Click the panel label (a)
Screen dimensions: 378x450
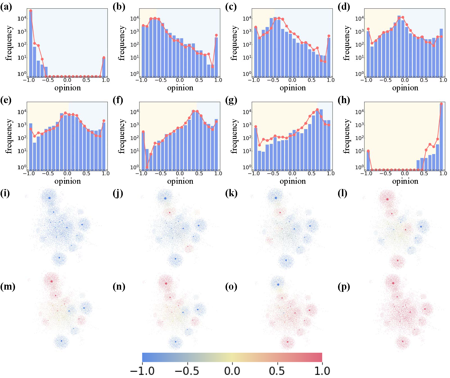(x=6, y=7)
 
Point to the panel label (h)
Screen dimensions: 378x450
(x=344, y=100)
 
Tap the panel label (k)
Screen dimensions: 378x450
(x=231, y=193)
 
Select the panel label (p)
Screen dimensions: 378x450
(x=344, y=286)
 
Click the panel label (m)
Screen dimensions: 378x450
(x=7, y=286)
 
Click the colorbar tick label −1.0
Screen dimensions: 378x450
(x=142, y=371)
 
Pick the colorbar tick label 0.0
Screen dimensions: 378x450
(x=232, y=371)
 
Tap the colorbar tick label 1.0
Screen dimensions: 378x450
(x=322, y=371)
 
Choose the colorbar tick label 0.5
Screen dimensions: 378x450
(x=277, y=371)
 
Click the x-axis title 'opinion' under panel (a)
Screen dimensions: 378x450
(x=67, y=88)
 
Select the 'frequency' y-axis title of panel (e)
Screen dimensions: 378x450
(x=9, y=136)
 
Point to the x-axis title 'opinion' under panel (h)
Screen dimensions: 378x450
(x=405, y=181)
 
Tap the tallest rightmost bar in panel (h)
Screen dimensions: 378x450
(x=441, y=136)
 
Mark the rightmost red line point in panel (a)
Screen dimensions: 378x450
(x=104, y=58)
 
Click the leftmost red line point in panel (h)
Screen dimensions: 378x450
(x=368, y=151)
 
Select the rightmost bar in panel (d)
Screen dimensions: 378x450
(x=441, y=53)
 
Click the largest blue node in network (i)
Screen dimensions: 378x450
(x=49, y=198)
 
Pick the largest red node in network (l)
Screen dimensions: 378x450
(x=387, y=199)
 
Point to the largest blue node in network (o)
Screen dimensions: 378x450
(x=278, y=284)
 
